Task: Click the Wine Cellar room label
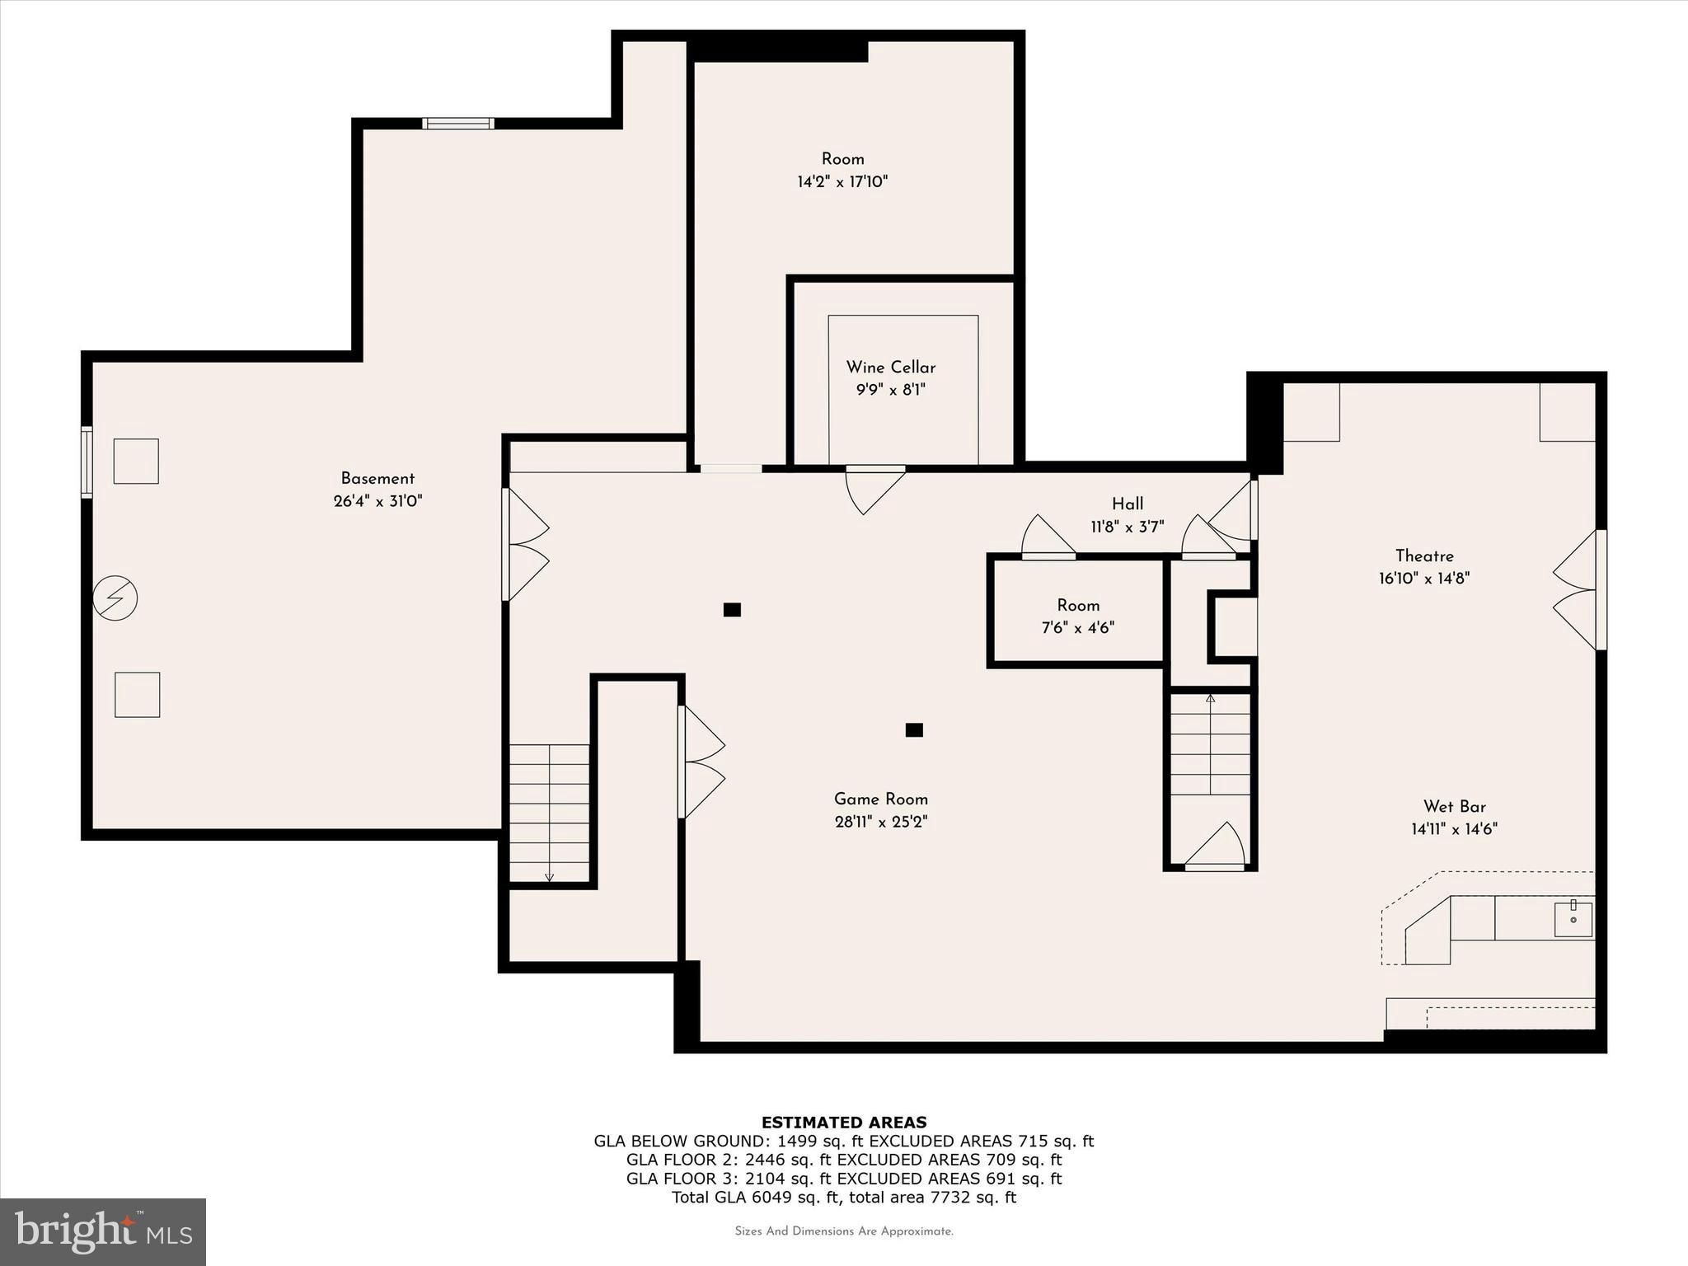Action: [x=890, y=368]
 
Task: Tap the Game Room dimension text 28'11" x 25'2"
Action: [x=880, y=822]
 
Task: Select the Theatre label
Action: [x=1423, y=556]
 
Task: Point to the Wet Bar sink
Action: [x=1573, y=919]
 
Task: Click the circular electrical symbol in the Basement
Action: [x=115, y=598]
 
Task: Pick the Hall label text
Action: [x=1127, y=504]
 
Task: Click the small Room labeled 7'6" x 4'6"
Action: [x=1077, y=616]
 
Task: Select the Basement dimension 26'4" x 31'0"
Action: [x=377, y=501]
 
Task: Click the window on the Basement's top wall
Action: [x=458, y=124]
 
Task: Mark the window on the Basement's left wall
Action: [x=87, y=462]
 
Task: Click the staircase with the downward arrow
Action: [x=549, y=813]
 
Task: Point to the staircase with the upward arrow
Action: [x=1210, y=745]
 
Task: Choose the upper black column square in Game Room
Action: [x=732, y=610]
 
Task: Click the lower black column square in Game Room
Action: [x=913, y=729]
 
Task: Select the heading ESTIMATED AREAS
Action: [x=843, y=1122]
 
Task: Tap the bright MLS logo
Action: [x=103, y=1231]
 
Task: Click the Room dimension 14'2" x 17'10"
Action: [x=842, y=182]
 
